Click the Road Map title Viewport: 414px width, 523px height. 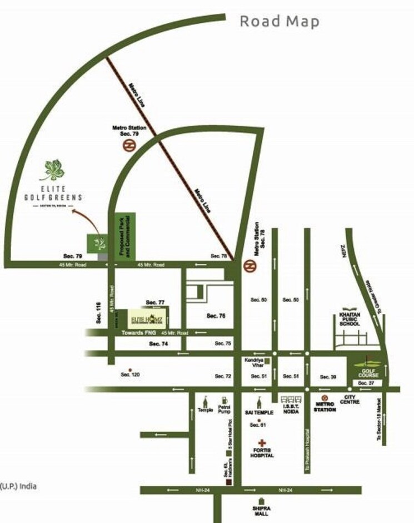tap(280, 22)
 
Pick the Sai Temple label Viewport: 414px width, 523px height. tap(257, 413)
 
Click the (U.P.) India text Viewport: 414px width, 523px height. tap(18, 486)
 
